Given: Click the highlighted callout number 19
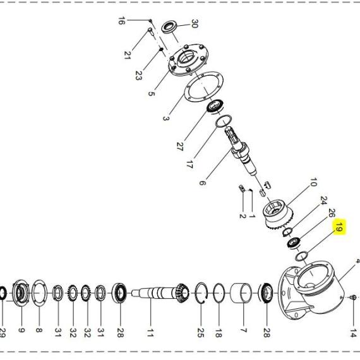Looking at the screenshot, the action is [339, 227].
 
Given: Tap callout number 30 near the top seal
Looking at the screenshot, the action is [195, 23].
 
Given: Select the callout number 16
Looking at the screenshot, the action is [121, 21].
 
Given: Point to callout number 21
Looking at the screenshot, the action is [128, 55].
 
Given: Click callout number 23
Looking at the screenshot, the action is [138, 76].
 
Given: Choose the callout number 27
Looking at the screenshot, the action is [180, 147].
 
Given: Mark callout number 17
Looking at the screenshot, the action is [189, 164].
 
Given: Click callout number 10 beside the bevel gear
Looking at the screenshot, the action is [313, 182].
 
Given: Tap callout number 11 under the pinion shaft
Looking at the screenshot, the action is [150, 332].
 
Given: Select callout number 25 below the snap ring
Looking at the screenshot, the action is [200, 333].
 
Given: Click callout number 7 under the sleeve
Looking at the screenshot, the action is [243, 330].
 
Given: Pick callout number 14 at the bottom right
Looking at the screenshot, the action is [353, 333].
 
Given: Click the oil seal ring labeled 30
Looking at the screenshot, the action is [169, 27].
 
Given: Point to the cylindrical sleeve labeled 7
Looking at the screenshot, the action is [241, 293].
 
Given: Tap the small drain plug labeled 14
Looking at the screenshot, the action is [354, 297].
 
